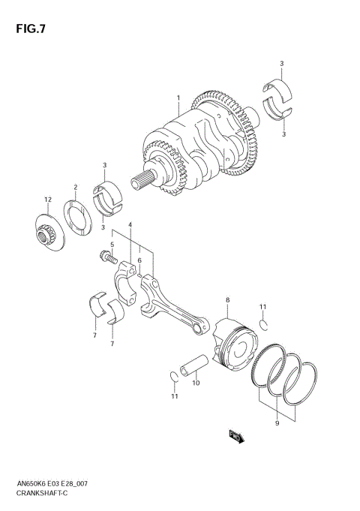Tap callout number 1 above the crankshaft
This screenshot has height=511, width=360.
(x=178, y=98)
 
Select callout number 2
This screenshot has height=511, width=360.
(x=75, y=187)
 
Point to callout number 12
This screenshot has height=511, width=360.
(x=46, y=199)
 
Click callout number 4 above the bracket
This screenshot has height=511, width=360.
(x=130, y=225)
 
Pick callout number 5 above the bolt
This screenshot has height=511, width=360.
(x=112, y=245)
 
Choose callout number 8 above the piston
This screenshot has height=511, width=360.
(x=226, y=301)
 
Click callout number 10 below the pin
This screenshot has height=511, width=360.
(x=196, y=383)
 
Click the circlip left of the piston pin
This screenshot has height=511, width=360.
(x=174, y=376)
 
